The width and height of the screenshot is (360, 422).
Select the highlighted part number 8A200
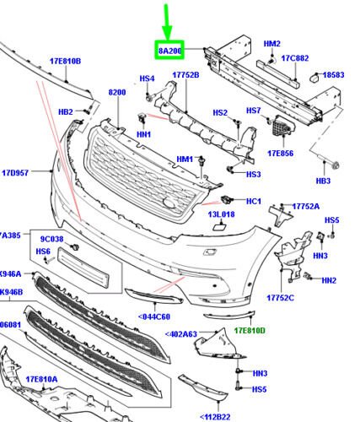click(x=169, y=51)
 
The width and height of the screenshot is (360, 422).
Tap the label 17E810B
click(x=64, y=61)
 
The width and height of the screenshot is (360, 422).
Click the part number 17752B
click(x=185, y=75)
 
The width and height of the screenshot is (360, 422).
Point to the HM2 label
click(x=271, y=43)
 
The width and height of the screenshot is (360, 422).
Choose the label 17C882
click(x=296, y=58)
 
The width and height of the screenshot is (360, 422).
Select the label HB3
click(x=323, y=181)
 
